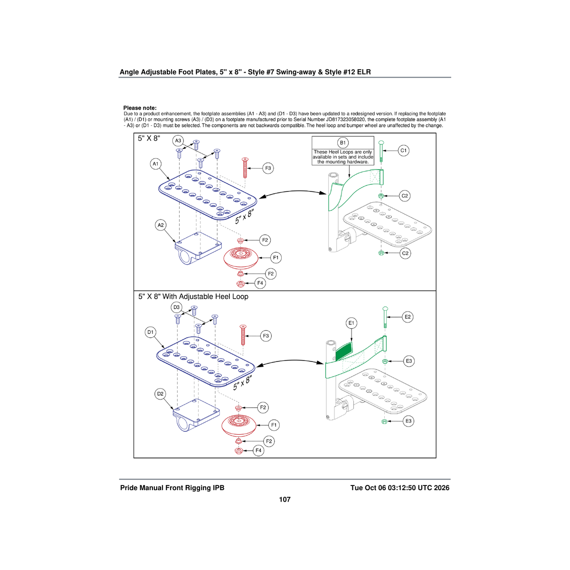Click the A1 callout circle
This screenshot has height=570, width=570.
(x=156, y=164)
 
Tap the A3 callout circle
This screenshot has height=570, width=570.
(x=178, y=141)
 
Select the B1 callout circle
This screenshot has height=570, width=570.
(x=343, y=143)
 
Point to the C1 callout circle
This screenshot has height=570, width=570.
(x=403, y=151)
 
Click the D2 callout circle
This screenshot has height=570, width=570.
(x=161, y=394)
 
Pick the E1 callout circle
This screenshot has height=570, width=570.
(x=351, y=323)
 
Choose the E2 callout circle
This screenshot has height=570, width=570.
(x=408, y=317)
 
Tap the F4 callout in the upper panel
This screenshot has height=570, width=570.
(x=260, y=283)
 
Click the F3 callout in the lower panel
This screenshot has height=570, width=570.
(x=266, y=336)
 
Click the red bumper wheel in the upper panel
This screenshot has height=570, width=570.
(x=240, y=258)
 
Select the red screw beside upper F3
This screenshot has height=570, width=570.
(x=245, y=168)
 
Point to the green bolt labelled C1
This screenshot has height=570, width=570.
(x=381, y=151)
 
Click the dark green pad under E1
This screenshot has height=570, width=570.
(x=344, y=351)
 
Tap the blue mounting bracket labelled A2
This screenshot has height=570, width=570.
(x=198, y=248)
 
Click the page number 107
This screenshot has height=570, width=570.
(x=285, y=499)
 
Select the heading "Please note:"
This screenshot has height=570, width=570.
(x=140, y=108)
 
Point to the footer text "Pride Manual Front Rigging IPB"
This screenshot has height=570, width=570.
(x=172, y=488)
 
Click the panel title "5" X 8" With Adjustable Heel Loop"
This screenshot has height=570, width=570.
(x=193, y=296)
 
